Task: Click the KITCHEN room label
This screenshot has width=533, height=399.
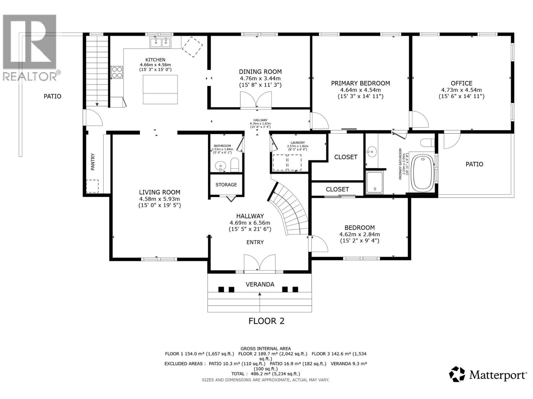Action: coord(155,60)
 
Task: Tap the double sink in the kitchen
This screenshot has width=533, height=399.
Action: coord(160,42)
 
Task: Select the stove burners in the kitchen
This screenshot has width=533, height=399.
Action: coord(117,72)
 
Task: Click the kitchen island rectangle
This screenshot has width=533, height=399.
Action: coord(160,89)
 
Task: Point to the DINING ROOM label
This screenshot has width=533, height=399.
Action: coord(260,71)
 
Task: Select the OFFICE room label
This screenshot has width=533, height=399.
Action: coord(461,83)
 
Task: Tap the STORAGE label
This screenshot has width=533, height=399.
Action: coord(226,185)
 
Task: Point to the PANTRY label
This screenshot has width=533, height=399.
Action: coord(93,162)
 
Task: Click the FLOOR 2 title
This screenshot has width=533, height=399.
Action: coord(266,321)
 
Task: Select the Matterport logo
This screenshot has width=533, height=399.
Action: coord(488,375)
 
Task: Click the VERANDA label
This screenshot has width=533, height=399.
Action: coord(260,284)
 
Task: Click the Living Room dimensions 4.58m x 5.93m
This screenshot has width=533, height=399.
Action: coord(160,199)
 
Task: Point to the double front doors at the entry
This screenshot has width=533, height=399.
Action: coord(260,264)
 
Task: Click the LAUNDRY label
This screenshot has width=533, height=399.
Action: coord(297,143)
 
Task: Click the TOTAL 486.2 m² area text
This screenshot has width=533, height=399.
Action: coord(266,374)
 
